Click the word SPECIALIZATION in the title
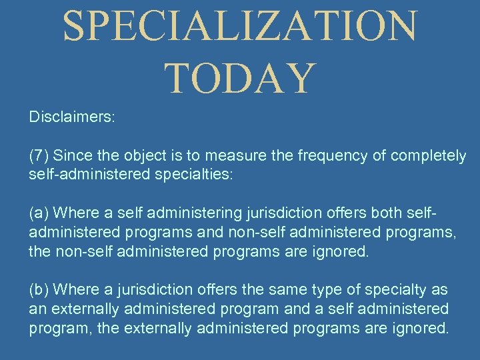tap(240, 27)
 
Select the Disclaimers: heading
tap(72, 117)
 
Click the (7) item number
tap(39, 156)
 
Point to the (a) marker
tap(39, 213)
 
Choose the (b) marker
tap(39, 290)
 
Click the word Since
tap(69, 156)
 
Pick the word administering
tap(159, 213)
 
